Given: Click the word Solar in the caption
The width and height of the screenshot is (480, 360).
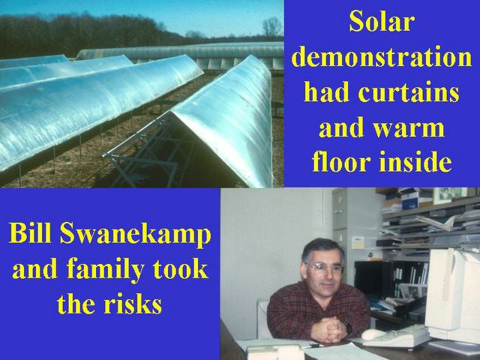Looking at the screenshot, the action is (x=382, y=22).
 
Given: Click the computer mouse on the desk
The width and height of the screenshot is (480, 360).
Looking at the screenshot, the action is (x=373, y=334).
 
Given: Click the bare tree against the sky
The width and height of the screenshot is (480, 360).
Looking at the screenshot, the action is (x=271, y=27).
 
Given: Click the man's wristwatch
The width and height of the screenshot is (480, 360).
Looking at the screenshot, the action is (x=348, y=328).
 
